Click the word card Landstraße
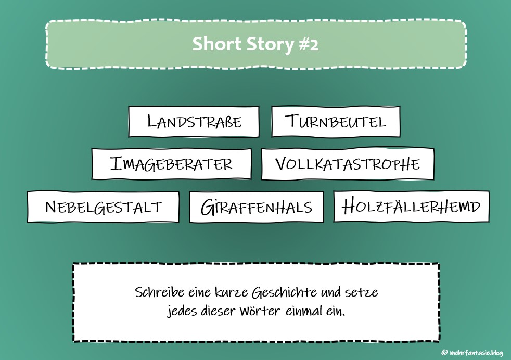[194, 122]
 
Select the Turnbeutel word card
[336, 122]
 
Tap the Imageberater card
[171, 164]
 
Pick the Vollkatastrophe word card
[347, 164]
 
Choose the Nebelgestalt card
[103, 207]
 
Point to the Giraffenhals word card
[256, 207]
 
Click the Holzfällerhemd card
[411, 207]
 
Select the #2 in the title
[309, 44]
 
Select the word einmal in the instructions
[311, 312]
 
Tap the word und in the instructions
[330, 292]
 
